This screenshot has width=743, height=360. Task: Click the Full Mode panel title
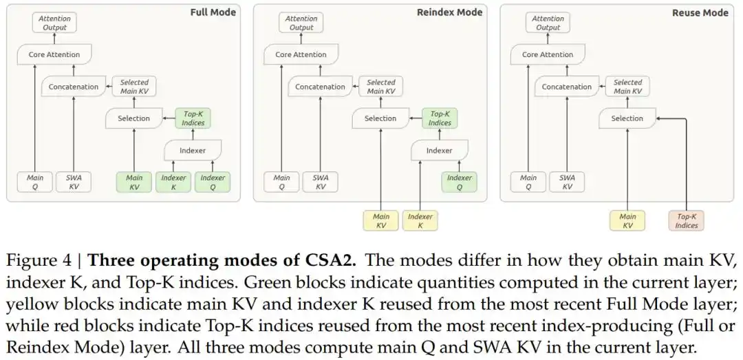(213, 12)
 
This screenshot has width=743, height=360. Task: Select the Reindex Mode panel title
(449, 12)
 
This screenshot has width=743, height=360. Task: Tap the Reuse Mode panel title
(700, 13)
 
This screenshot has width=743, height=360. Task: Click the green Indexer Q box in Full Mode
(213, 182)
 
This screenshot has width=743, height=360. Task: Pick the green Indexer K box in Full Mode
(173, 182)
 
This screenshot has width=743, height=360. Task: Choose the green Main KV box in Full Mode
(134, 182)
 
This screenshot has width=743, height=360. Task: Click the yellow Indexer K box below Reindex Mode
(420, 220)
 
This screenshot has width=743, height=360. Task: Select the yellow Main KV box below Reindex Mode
(381, 220)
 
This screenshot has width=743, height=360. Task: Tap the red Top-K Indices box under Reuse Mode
(686, 220)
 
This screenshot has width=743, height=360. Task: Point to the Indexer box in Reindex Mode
(439, 150)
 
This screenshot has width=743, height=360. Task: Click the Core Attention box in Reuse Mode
(548, 54)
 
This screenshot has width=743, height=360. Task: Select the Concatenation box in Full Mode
(74, 87)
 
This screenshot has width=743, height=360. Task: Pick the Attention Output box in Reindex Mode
(301, 23)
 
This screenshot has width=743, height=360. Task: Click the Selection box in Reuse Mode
(627, 118)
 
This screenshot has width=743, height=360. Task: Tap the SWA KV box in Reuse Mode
(567, 182)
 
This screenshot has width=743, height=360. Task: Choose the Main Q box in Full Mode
(34, 182)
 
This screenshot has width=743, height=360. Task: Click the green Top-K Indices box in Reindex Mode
(440, 118)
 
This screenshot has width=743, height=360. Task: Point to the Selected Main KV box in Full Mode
(134, 87)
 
